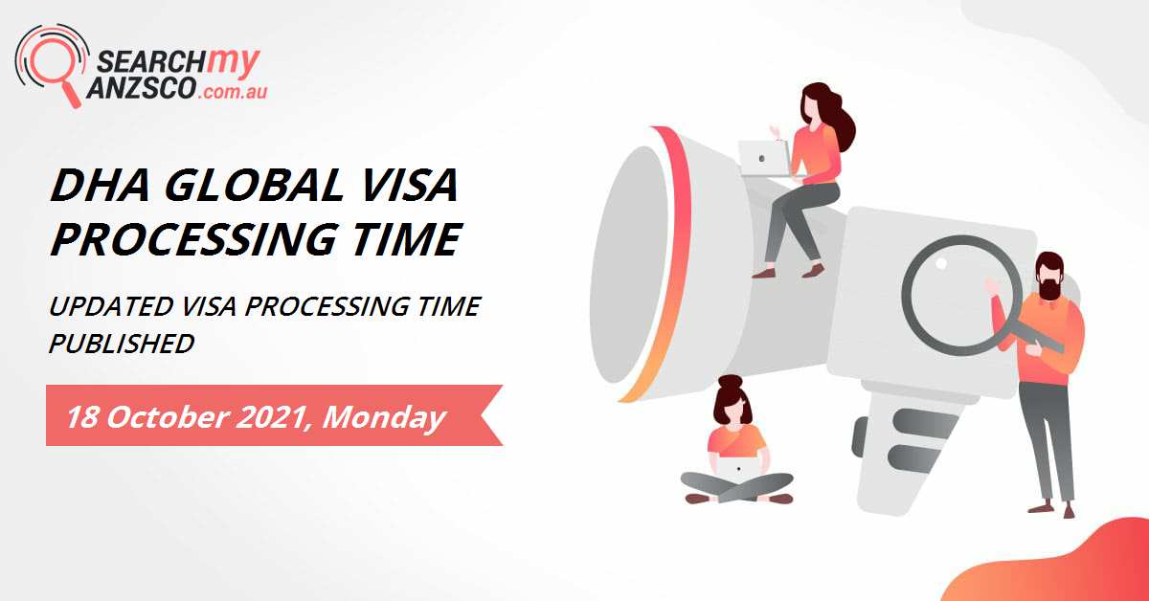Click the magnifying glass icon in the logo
pos(53,64)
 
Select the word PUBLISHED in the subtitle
pos(122,343)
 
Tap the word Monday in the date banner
pos(387,417)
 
